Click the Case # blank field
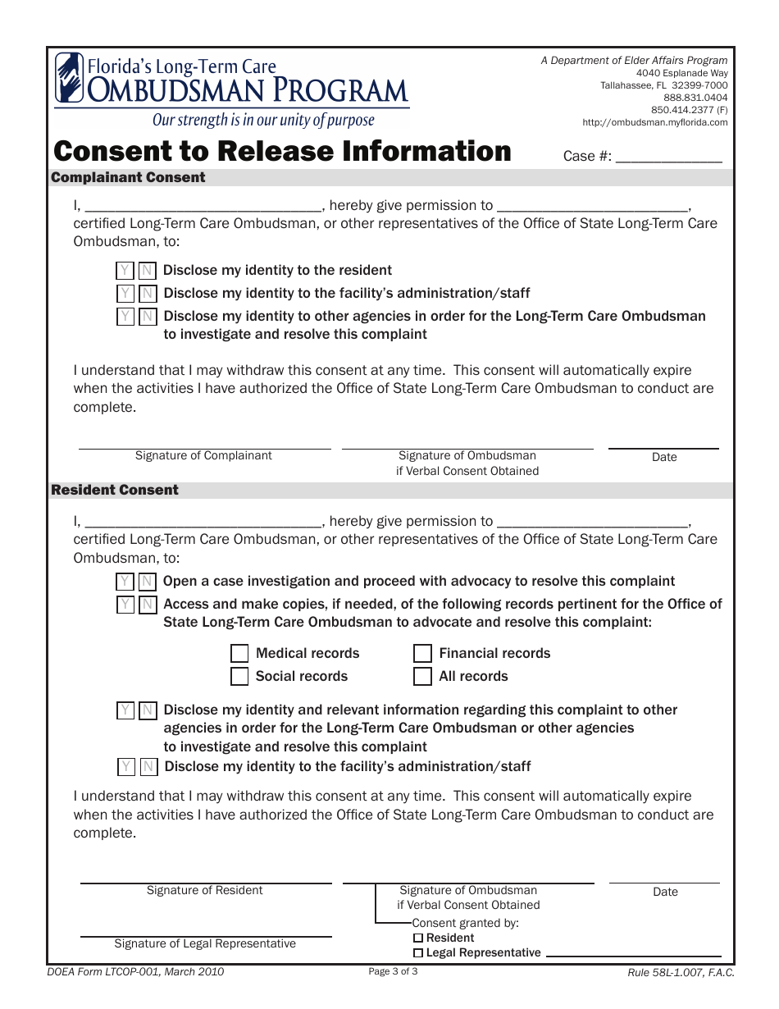coord(668,156)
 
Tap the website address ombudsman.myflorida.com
coord(654,122)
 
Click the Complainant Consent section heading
coord(129,177)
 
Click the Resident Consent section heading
coord(115,490)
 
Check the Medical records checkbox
coord(239,654)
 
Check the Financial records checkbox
coord(422,654)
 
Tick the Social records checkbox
coord(239,677)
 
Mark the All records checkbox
coord(422,677)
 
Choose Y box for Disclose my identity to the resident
coord(125,271)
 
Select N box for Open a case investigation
coord(147,582)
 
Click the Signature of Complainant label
coord(203,455)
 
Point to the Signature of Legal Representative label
coord(205,943)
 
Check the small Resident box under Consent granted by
coord(418,938)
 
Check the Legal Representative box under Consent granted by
coord(418,953)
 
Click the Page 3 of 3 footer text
coord(393,972)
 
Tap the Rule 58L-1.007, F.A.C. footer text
coord(681,973)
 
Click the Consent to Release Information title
coord(282,152)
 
